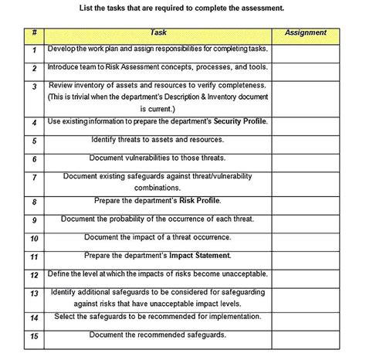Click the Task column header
[158, 33]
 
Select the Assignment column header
[306, 33]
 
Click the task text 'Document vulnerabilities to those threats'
[158, 158]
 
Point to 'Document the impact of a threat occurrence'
[158, 237]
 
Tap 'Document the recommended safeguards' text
[158, 335]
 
